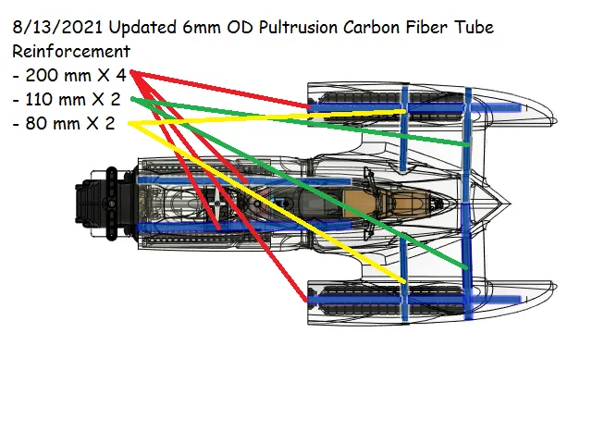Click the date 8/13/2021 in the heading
[x=57, y=28]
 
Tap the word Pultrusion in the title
[x=298, y=28]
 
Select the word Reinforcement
[x=71, y=52]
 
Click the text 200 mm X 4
[x=75, y=75]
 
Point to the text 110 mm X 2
[x=72, y=99]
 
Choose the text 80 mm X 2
[x=70, y=123]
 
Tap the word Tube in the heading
[x=475, y=27]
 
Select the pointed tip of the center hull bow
[x=511, y=203]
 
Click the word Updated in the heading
[x=142, y=28]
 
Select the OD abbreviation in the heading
[x=240, y=28]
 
